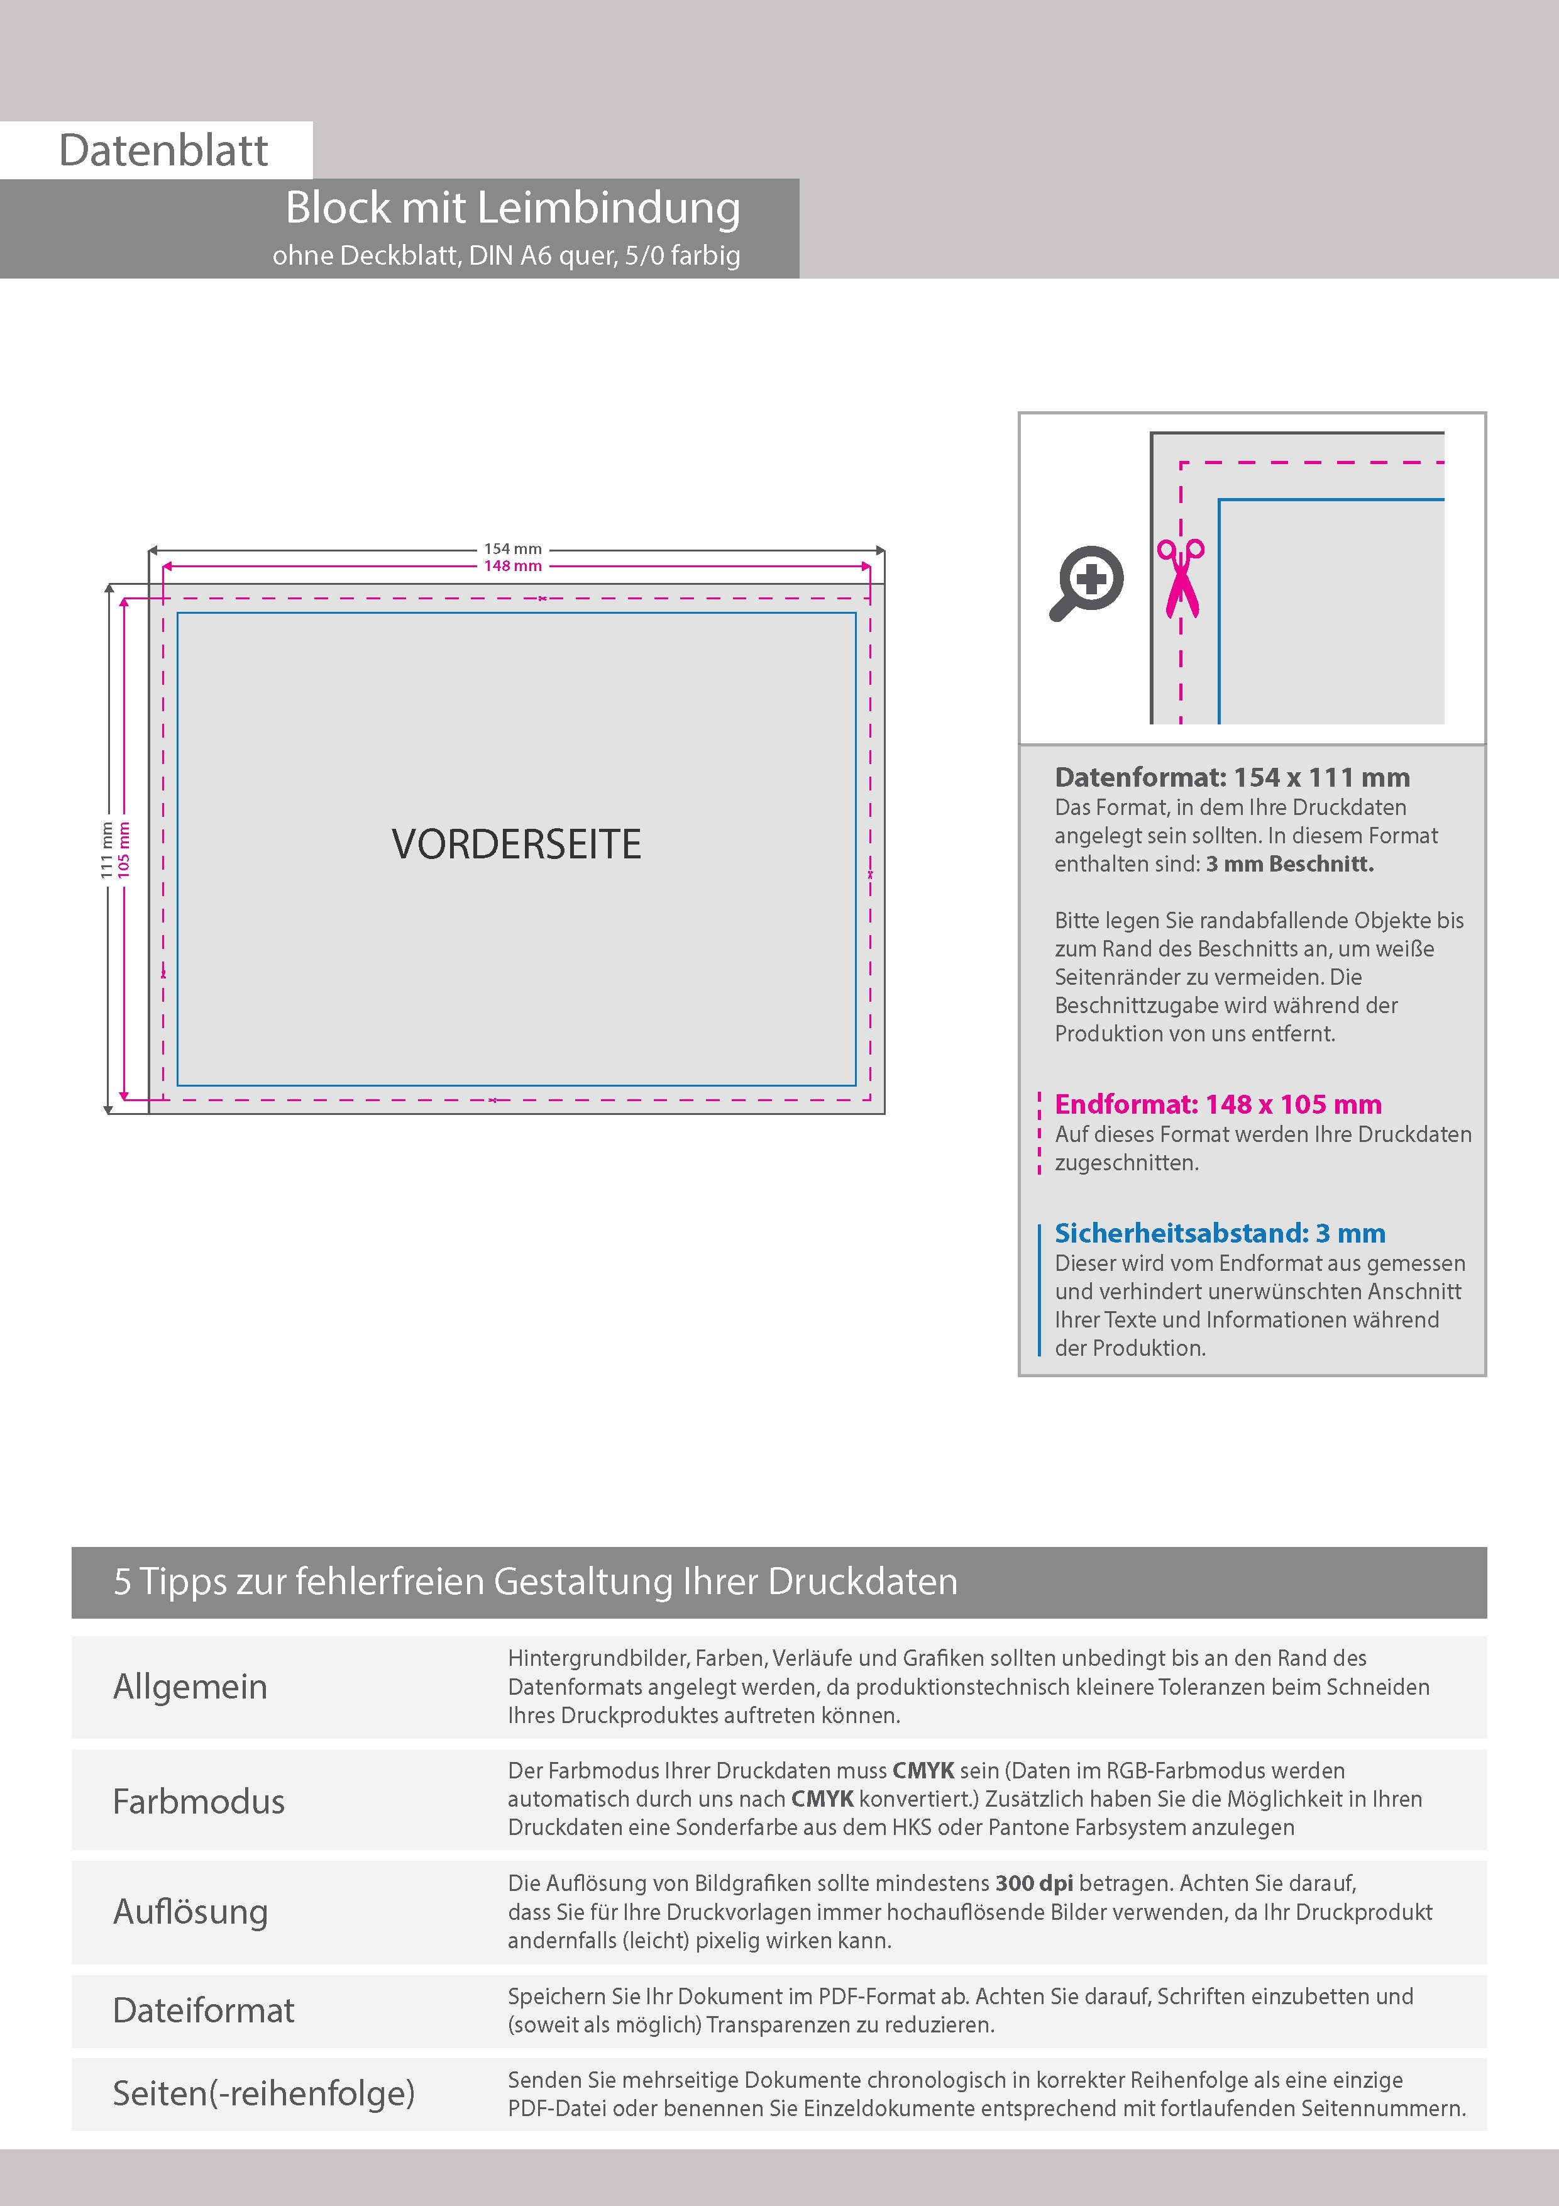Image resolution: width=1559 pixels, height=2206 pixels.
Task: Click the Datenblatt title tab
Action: click(163, 150)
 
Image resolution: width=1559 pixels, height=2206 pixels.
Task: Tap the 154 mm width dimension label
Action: click(513, 548)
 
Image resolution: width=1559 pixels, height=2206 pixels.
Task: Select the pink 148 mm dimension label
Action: click(513, 566)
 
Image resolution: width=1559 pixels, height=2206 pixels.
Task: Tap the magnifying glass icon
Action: click(1086, 582)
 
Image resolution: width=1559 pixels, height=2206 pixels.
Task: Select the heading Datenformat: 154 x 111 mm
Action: click(1231, 777)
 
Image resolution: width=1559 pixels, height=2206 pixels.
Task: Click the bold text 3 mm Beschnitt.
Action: click(1289, 864)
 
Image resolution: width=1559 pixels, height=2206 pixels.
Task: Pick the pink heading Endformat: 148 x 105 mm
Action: click(1217, 1104)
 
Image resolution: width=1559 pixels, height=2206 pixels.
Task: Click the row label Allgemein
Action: click(190, 1686)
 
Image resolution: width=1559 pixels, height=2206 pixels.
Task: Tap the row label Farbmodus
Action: click(199, 1800)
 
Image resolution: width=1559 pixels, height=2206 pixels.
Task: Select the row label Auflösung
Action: click(190, 1911)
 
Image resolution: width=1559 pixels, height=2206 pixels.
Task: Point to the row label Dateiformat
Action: click(204, 2010)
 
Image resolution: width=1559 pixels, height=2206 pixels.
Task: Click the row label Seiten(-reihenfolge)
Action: click(263, 2093)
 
